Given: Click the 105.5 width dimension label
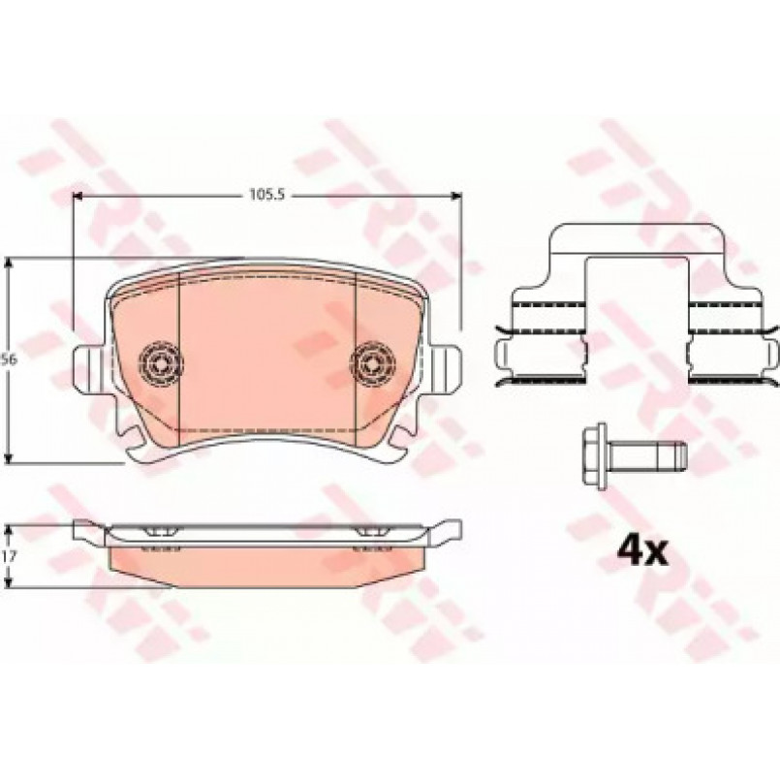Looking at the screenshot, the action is (x=266, y=195).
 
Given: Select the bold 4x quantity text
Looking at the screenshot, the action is (x=641, y=552).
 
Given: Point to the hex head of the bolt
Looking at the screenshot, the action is (x=595, y=453).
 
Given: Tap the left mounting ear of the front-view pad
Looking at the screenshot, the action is (x=89, y=367).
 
